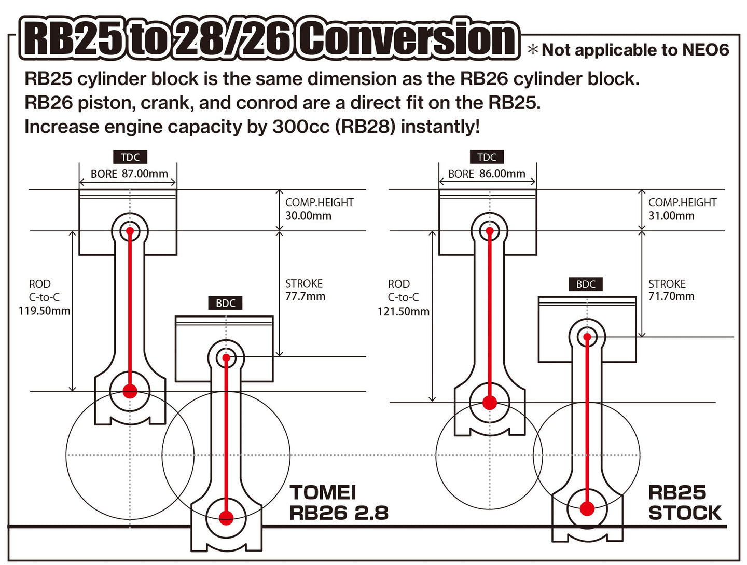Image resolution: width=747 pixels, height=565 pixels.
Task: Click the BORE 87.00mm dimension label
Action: coord(129,174)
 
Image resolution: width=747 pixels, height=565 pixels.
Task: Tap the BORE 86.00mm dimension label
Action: coord(487,174)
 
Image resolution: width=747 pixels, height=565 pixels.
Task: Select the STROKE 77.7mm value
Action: coord(305,296)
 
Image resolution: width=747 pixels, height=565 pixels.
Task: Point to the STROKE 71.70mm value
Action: coord(671,296)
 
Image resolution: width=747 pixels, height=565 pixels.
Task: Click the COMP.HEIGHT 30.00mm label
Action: coord(319,209)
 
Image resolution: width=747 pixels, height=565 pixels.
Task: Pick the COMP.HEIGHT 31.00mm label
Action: coord(682,209)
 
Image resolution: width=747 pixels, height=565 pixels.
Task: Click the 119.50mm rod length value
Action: coord(44,311)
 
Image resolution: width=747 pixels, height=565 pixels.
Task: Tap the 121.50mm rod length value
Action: coord(403,311)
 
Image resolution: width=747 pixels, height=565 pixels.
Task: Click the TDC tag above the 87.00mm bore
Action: coord(130,157)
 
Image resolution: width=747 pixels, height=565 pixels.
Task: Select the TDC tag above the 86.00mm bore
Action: coord(487,157)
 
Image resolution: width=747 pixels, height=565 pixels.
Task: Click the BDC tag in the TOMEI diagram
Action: coord(226,303)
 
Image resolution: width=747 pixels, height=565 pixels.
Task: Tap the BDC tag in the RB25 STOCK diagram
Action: coord(586,284)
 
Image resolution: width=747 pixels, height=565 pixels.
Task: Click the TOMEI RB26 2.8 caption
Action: coord(338,502)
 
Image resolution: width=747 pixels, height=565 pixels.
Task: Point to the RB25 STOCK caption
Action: coord(684,502)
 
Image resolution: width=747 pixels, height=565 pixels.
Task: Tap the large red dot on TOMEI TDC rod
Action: coord(130,391)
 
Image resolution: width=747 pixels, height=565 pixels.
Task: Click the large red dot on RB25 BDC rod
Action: coord(587,508)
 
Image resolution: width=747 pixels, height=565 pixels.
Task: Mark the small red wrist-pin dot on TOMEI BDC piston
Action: coord(226,357)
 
